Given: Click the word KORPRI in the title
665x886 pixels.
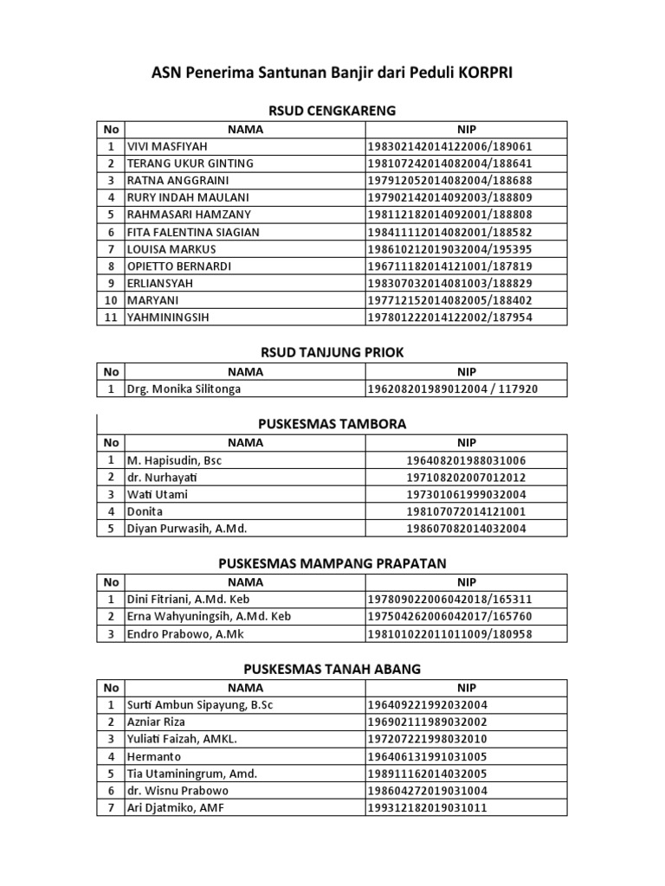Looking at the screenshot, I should tap(481, 74).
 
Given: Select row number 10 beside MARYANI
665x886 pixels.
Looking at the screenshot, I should tap(111, 300).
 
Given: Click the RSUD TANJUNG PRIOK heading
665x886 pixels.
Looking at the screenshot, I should tap(332, 352).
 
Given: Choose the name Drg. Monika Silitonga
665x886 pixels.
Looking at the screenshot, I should tap(184, 389).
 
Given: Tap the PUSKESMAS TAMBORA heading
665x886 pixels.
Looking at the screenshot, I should tap(332, 424).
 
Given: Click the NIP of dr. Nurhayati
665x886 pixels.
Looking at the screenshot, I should tap(467, 478).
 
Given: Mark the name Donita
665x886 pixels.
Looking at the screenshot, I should tap(145, 512).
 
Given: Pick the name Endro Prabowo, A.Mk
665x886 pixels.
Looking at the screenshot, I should tap(184, 633).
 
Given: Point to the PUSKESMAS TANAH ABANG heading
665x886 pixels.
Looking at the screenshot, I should tap(332, 669).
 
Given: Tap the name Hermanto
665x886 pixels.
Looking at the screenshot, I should tap(155, 756).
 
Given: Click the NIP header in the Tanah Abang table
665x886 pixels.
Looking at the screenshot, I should tap(467, 688).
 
